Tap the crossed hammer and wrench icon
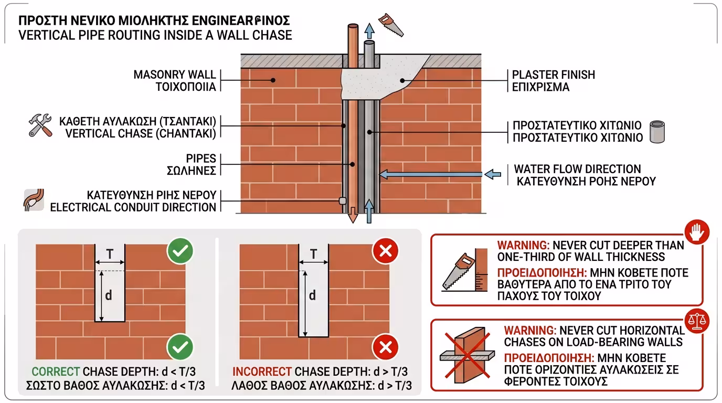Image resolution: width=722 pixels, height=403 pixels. point(40,126)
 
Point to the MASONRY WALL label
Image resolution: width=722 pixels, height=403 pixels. point(175,75)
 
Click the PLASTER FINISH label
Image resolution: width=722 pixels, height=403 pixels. point(554,75)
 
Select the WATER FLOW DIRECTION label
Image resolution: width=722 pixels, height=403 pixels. point(577,169)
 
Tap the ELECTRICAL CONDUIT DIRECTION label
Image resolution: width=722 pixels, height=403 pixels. point(133,207)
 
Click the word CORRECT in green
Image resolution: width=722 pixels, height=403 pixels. point(56,372)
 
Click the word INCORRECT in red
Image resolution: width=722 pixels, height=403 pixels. point(261,372)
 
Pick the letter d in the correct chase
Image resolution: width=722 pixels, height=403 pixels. point(109,295)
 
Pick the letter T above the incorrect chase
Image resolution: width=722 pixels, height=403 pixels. point(313,254)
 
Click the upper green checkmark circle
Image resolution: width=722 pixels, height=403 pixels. point(180,252)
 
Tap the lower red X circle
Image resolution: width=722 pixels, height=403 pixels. point(385,347)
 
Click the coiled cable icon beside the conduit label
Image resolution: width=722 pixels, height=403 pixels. point(34,200)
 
